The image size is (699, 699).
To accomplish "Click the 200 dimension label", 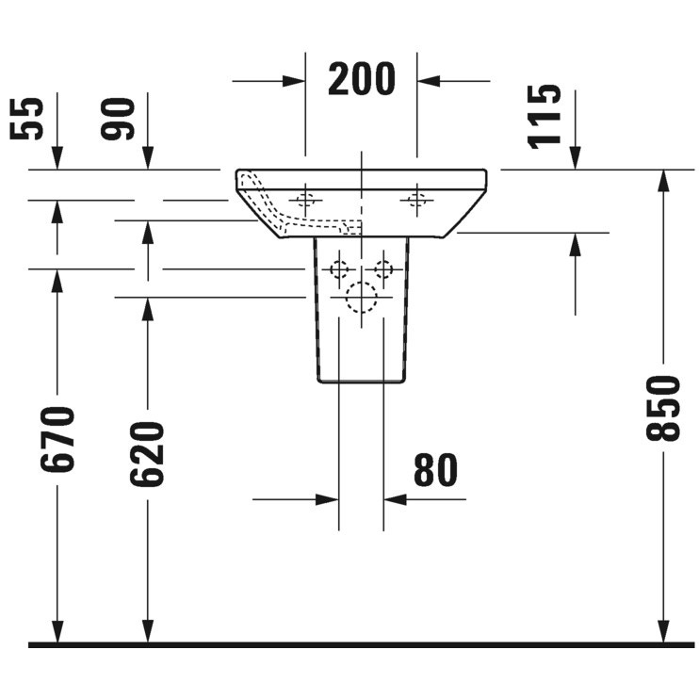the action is (x=362, y=79).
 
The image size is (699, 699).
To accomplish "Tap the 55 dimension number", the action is (x=27, y=119).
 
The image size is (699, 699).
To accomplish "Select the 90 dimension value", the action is (x=118, y=119).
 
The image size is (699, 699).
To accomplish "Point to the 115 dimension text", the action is (x=544, y=117).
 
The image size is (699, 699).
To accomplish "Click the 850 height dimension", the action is (x=663, y=408).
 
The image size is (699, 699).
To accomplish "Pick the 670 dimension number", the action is (x=57, y=439).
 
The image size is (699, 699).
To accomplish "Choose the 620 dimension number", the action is (x=147, y=453).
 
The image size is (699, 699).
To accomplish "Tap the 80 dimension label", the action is (x=435, y=470).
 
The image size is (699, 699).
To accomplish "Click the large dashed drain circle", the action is (x=362, y=298).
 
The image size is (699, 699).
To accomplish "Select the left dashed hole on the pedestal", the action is (x=339, y=269).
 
